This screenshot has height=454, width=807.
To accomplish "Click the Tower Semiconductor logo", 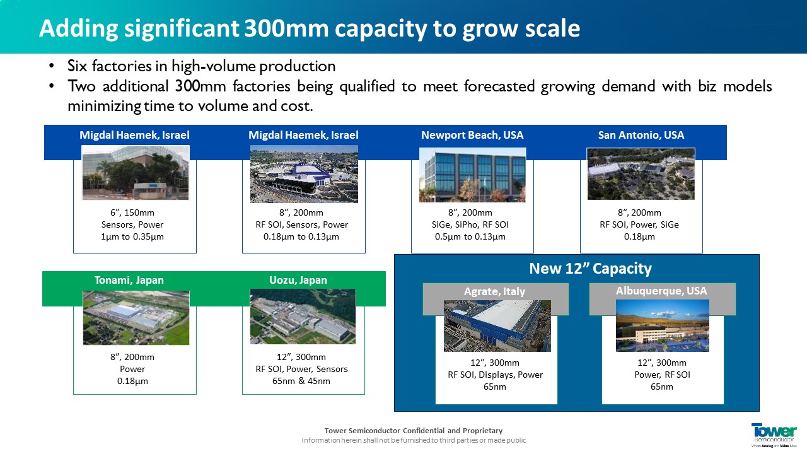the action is coord(774,435).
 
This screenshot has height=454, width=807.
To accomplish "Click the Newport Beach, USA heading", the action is coord(472,135).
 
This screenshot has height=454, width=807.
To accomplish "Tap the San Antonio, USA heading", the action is coord(641,135).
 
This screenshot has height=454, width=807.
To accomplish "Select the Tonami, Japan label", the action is coord(129,281).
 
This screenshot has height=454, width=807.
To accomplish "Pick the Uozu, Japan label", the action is coord(298,281).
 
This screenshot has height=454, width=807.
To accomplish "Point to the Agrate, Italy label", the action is coord(494,291).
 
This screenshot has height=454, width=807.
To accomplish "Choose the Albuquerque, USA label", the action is coord(661,291).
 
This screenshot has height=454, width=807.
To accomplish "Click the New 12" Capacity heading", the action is coord(591,269).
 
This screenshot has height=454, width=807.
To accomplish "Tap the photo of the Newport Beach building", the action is coord(472,175).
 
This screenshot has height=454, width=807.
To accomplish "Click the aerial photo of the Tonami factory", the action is coord(136,318).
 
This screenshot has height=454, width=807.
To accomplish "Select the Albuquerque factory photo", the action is coord(663,326).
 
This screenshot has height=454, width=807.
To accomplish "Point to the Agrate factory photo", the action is coord(497,326).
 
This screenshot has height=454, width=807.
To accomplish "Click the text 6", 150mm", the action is coord(132,213).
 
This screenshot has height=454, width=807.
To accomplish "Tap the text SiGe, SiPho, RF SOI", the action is coord(470,225).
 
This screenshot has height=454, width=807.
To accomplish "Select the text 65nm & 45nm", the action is coord(301,381).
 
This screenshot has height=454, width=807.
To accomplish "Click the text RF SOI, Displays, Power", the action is coord(495,375).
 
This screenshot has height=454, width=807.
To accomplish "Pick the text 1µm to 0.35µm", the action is coord(132,237).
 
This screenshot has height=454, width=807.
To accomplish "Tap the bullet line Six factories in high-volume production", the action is coord(201,66).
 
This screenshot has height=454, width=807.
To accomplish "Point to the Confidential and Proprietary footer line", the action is coord(414,431).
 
